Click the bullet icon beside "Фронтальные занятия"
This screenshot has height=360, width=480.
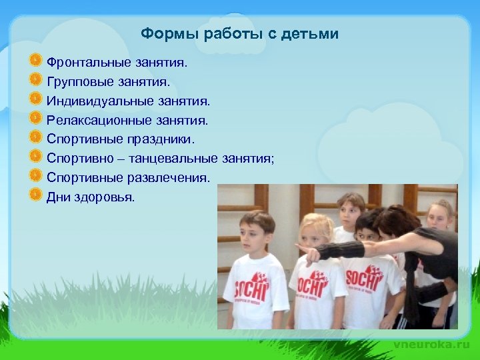point(36,61)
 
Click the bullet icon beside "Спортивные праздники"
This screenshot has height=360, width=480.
point(36,137)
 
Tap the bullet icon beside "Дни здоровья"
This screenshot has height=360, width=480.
point(36,195)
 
